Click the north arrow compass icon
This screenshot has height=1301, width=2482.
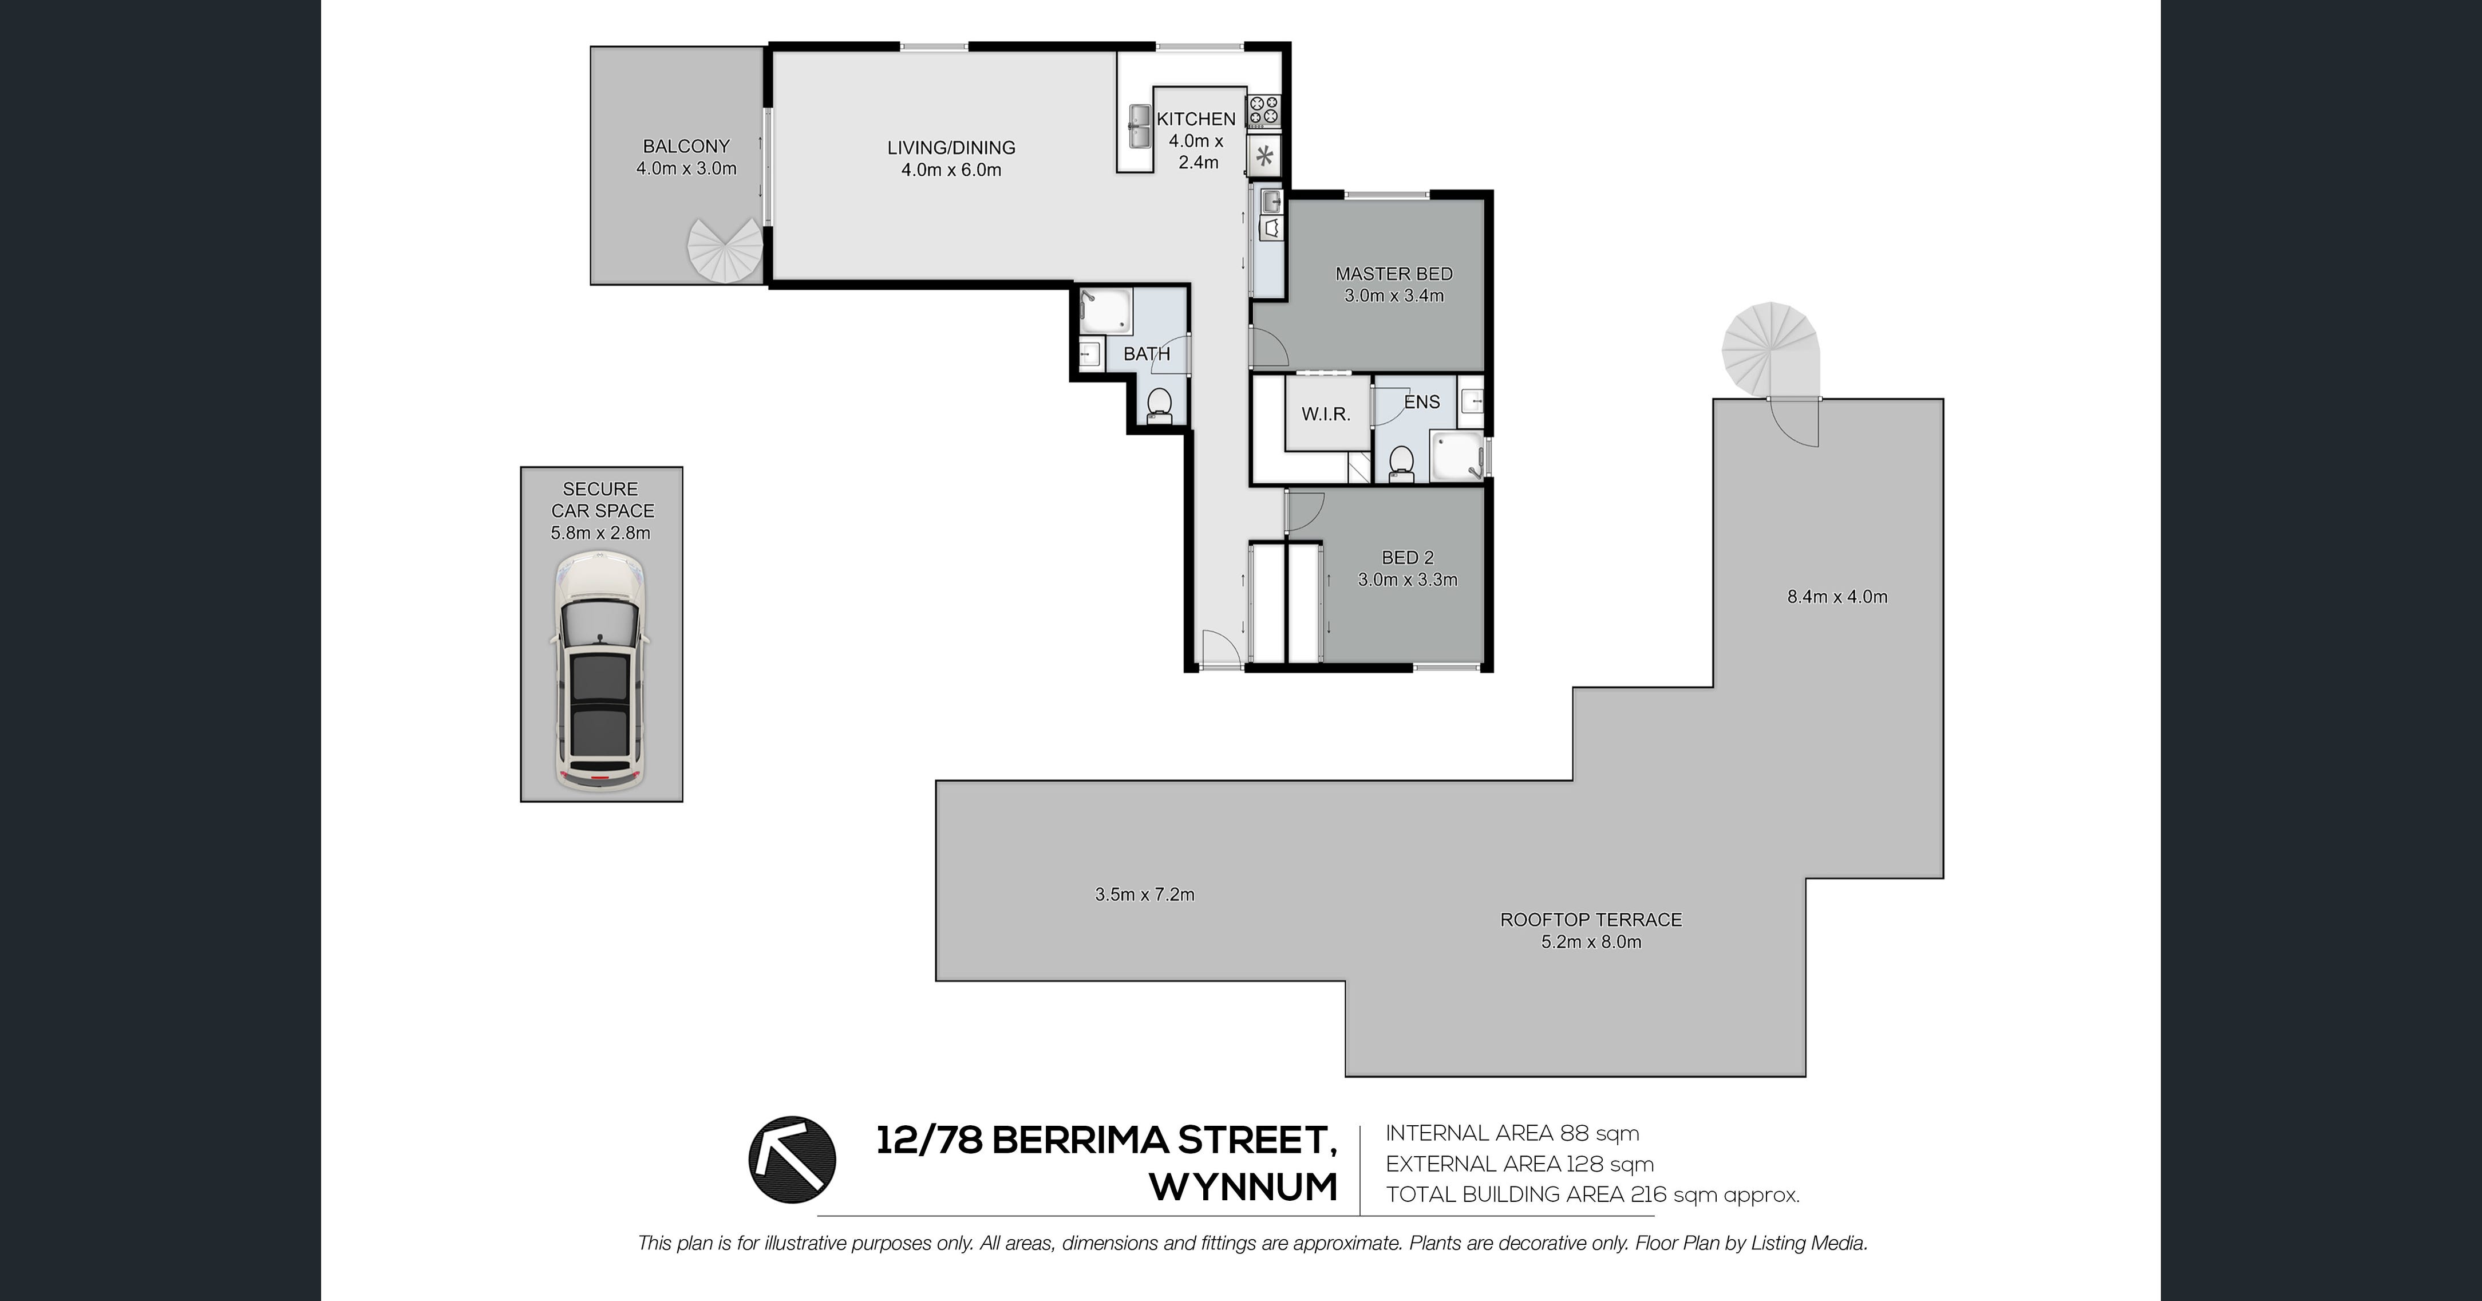792,1160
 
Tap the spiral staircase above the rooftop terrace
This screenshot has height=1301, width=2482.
1771,349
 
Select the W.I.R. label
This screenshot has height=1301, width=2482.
1326,415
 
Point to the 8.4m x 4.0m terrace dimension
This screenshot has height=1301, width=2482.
1837,597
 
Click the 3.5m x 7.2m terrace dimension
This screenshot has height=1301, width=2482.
1145,894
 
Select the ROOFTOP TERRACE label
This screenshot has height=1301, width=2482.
1591,920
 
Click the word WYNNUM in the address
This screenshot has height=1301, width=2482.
1244,1187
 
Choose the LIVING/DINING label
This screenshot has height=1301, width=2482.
951,147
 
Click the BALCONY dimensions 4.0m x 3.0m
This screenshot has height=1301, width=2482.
686,169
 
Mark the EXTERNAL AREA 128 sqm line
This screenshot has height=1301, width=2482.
1519,1164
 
